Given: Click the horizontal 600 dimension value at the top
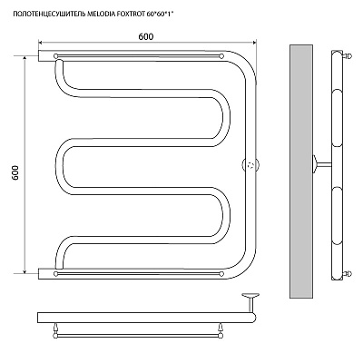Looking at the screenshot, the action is pyautogui.click(x=146, y=36).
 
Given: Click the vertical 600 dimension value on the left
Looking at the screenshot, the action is pyautogui.click(x=15, y=172).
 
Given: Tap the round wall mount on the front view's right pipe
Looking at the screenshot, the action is pyautogui.click(x=251, y=165).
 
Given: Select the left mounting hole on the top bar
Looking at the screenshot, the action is pyautogui.click(x=55, y=56).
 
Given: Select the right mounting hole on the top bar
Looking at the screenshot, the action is pyautogui.click(x=221, y=56).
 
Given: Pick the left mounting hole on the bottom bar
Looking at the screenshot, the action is pyautogui.click(x=55, y=274).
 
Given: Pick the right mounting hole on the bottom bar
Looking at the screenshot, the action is pyautogui.click(x=221, y=274).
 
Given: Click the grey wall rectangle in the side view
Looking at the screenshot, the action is pyautogui.click(x=301, y=172).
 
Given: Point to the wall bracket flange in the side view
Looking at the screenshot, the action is pyautogui.click(x=315, y=164).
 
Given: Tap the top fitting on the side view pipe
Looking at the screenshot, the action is pyautogui.click(x=347, y=55).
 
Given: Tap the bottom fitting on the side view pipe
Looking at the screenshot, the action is pyautogui.click(x=347, y=274).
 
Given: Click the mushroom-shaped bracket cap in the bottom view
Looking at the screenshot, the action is pyautogui.click(x=250, y=295).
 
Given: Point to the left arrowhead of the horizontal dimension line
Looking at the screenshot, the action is pyautogui.click(x=41, y=43).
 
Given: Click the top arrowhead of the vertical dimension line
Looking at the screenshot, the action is pyautogui.click(x=25, y=59).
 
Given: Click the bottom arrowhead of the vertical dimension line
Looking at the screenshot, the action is pyautogui.click(x=25, y=270).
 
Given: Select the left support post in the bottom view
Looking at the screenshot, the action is pyautogui.click(x=55, y=329).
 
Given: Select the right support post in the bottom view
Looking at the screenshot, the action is pyautogui.click(x=221, y=329).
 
